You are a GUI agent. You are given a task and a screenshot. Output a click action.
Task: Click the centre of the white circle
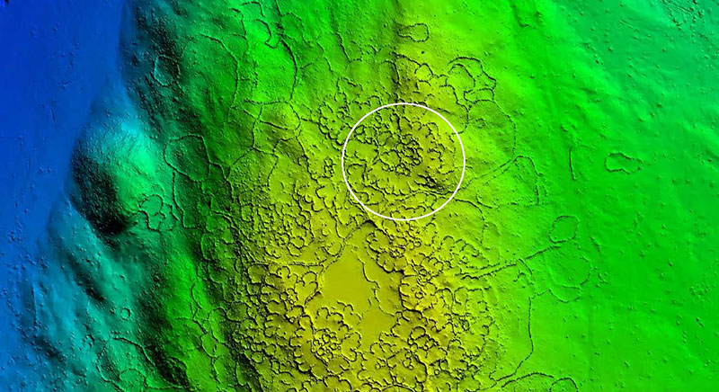click(x=404, y=161)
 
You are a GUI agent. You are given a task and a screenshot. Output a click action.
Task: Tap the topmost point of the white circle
click(x=404, y=102)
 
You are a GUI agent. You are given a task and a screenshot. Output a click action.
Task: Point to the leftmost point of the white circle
click(x=342, y=161)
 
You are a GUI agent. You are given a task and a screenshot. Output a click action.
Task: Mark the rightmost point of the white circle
click(x=465, y=161)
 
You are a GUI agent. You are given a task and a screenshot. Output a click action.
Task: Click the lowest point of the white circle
click(x=404, y=219)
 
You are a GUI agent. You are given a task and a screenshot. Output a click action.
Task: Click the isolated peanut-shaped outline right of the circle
click(x=623, y=162)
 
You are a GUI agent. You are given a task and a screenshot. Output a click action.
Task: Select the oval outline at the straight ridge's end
click(x=564, y=228)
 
